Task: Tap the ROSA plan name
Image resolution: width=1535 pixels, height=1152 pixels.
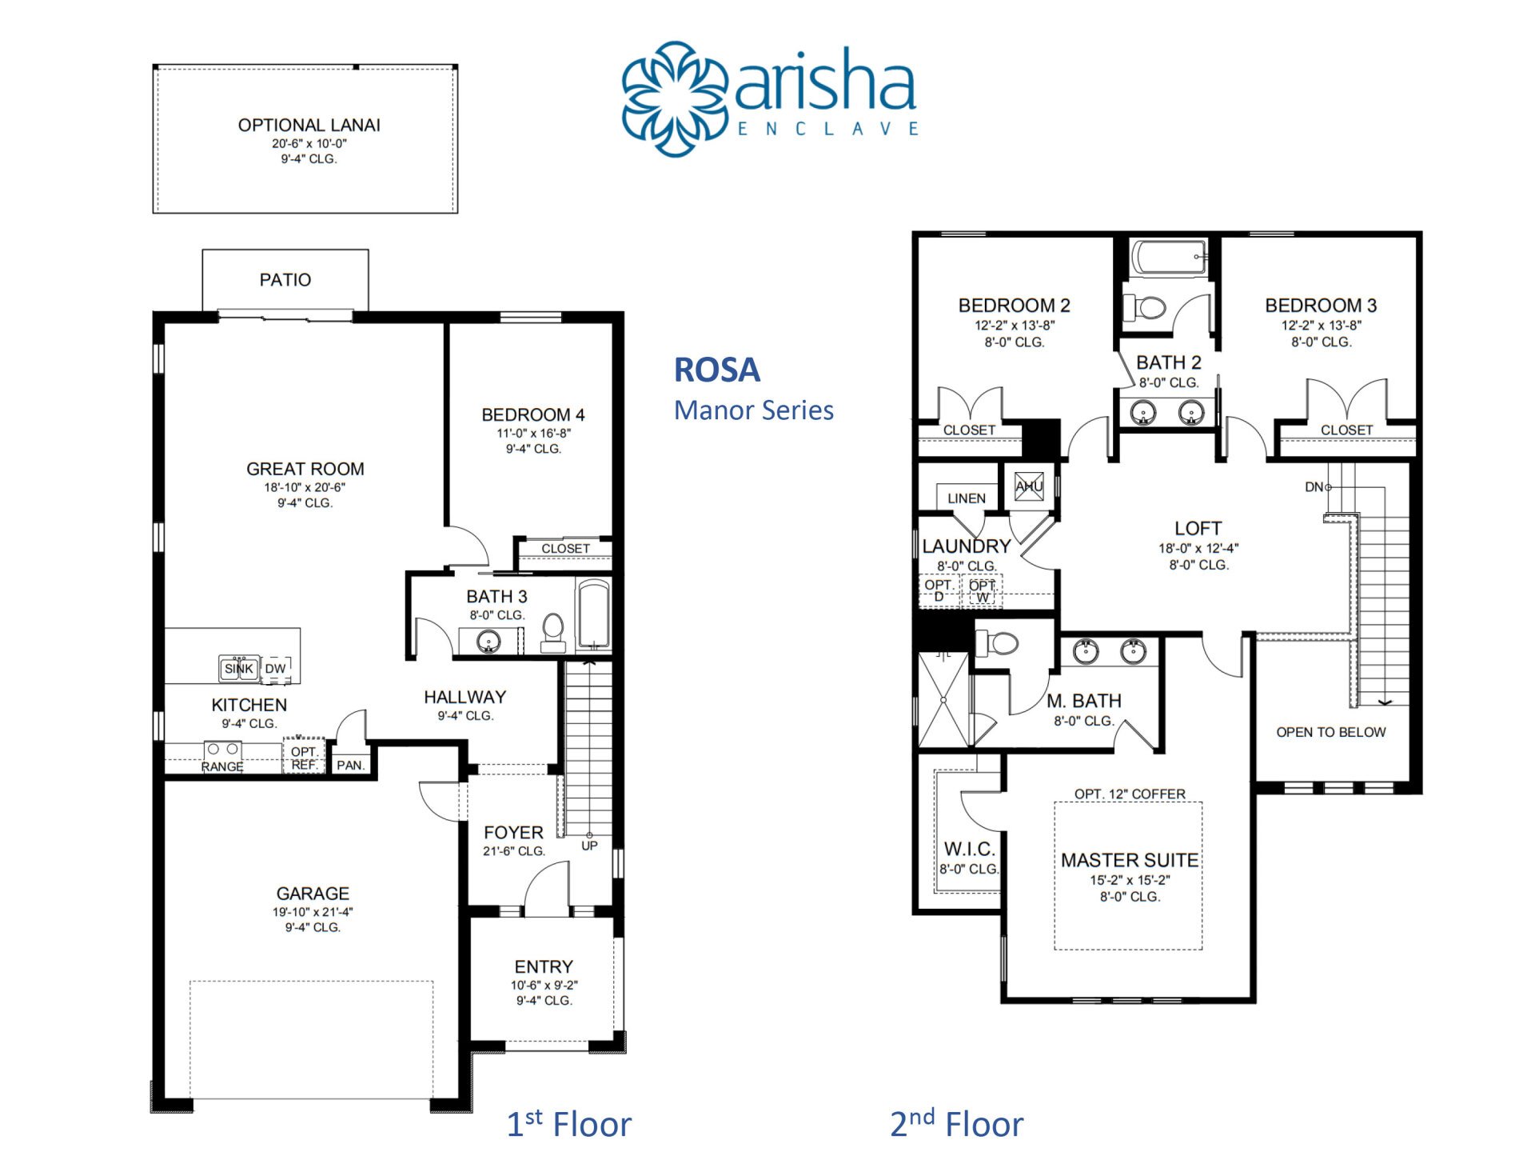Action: point(717,370)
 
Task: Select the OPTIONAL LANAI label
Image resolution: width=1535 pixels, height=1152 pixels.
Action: point(309,126)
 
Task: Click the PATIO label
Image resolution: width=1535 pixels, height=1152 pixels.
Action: point(285,280)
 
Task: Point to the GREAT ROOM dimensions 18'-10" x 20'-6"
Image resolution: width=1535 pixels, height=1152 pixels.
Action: point(305,487)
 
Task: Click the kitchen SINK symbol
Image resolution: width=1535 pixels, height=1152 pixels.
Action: point(238,668)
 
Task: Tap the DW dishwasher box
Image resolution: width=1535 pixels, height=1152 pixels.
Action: point(276,669)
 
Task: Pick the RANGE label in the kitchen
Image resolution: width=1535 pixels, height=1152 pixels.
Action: point(222,766)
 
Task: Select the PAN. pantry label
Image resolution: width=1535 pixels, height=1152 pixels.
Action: point(350,766)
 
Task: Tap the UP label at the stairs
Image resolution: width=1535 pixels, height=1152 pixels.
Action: point(589,846)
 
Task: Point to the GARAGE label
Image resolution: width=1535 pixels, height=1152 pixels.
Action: point(313,894)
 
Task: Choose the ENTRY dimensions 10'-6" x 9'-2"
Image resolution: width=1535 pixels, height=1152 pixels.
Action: point(544,986)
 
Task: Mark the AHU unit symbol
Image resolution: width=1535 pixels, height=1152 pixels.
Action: point(1029,486)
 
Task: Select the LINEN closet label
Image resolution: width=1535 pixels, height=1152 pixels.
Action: point(967,498)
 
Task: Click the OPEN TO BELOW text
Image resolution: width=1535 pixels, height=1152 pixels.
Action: point(1331,732)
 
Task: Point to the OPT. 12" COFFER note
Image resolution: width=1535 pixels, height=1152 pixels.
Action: point(1130,794)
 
